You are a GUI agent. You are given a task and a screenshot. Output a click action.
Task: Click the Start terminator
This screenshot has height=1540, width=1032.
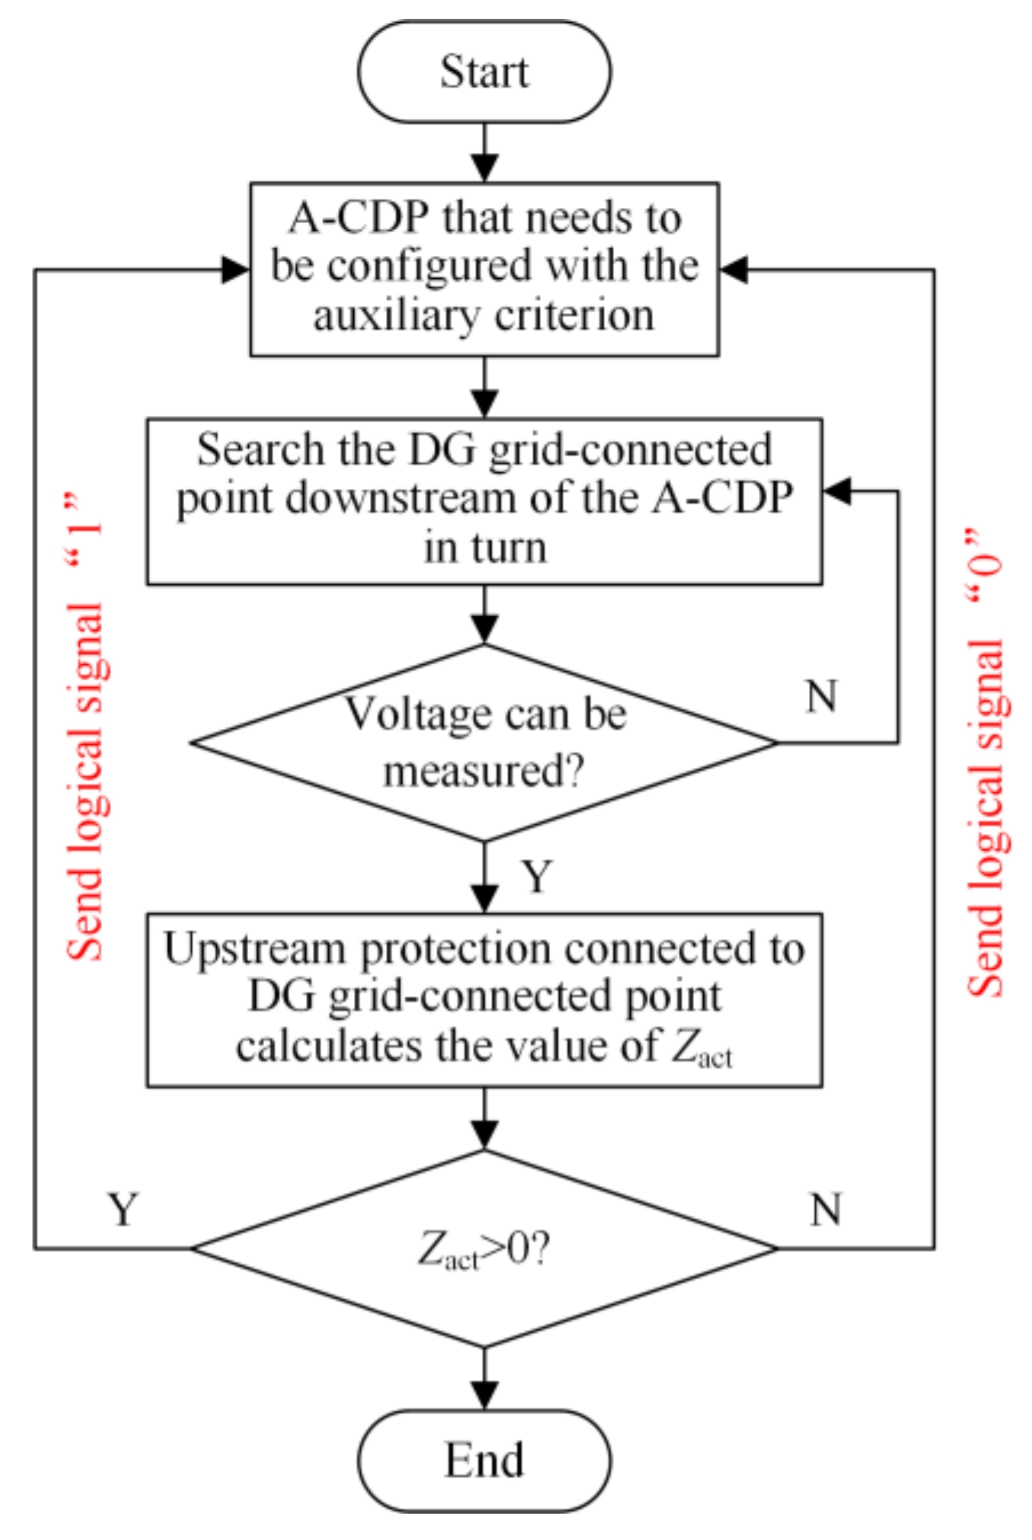coord(484,72)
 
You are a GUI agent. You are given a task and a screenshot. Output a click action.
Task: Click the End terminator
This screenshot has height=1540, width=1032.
coord(484,1460)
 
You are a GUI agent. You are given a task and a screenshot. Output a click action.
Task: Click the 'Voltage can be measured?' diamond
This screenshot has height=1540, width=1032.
coord(484,743)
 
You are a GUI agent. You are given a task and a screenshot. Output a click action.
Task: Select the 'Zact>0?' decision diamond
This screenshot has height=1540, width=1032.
coord(484,1249)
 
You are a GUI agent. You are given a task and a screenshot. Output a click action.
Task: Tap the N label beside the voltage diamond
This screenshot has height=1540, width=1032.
coord(821,696)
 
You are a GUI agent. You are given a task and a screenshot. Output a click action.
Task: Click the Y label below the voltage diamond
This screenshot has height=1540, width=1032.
coord(537,876)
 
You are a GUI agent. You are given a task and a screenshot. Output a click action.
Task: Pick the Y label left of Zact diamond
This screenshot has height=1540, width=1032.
coord(123,1209)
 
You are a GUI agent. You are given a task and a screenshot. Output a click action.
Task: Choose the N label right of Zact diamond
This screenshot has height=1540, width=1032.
coord(826,1209)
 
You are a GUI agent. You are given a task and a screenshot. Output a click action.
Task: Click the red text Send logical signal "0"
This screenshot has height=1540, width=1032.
coord(985,762)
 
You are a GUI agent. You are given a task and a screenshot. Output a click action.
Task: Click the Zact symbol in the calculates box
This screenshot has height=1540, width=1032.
coord(700,1049)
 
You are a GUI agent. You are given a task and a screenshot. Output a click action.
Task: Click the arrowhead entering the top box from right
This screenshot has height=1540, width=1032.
coord(734,270)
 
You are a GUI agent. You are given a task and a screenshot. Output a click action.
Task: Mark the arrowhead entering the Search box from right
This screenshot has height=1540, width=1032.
coord(837,491)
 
